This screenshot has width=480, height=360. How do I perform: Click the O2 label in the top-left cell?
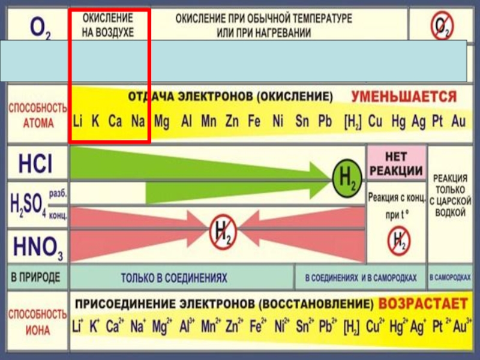(x=40, y=28)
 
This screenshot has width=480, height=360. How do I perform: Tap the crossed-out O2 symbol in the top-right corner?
(x=442, y=26)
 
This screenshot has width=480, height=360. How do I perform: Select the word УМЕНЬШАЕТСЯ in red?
(x=404, y=97)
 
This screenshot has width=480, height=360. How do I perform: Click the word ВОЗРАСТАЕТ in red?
(x=424, y=302)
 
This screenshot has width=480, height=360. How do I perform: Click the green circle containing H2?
(x=347, y=177)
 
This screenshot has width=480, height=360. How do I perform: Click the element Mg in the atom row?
(x=161, y=122)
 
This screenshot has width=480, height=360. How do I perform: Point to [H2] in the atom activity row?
(x=353, y=122)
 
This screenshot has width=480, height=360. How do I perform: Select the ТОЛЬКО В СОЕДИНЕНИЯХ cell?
(x=174, y=278)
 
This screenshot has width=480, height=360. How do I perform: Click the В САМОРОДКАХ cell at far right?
(x=450, y=278)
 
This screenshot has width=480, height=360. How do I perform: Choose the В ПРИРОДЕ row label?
(x=35, y=278)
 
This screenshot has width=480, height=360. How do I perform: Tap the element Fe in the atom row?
(x=254, y=122)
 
